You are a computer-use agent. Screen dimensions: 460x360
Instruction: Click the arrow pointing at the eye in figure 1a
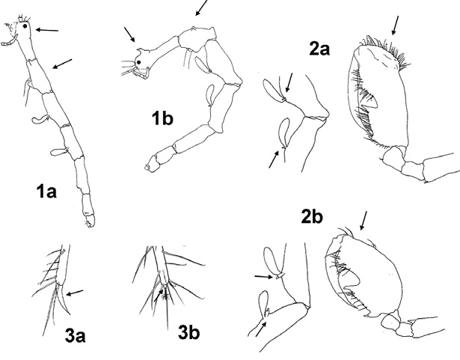tap(47, 30)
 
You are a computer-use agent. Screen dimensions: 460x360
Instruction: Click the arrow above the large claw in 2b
tap(364, 219)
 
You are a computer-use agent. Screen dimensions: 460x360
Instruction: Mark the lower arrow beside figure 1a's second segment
tap(64, 62)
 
